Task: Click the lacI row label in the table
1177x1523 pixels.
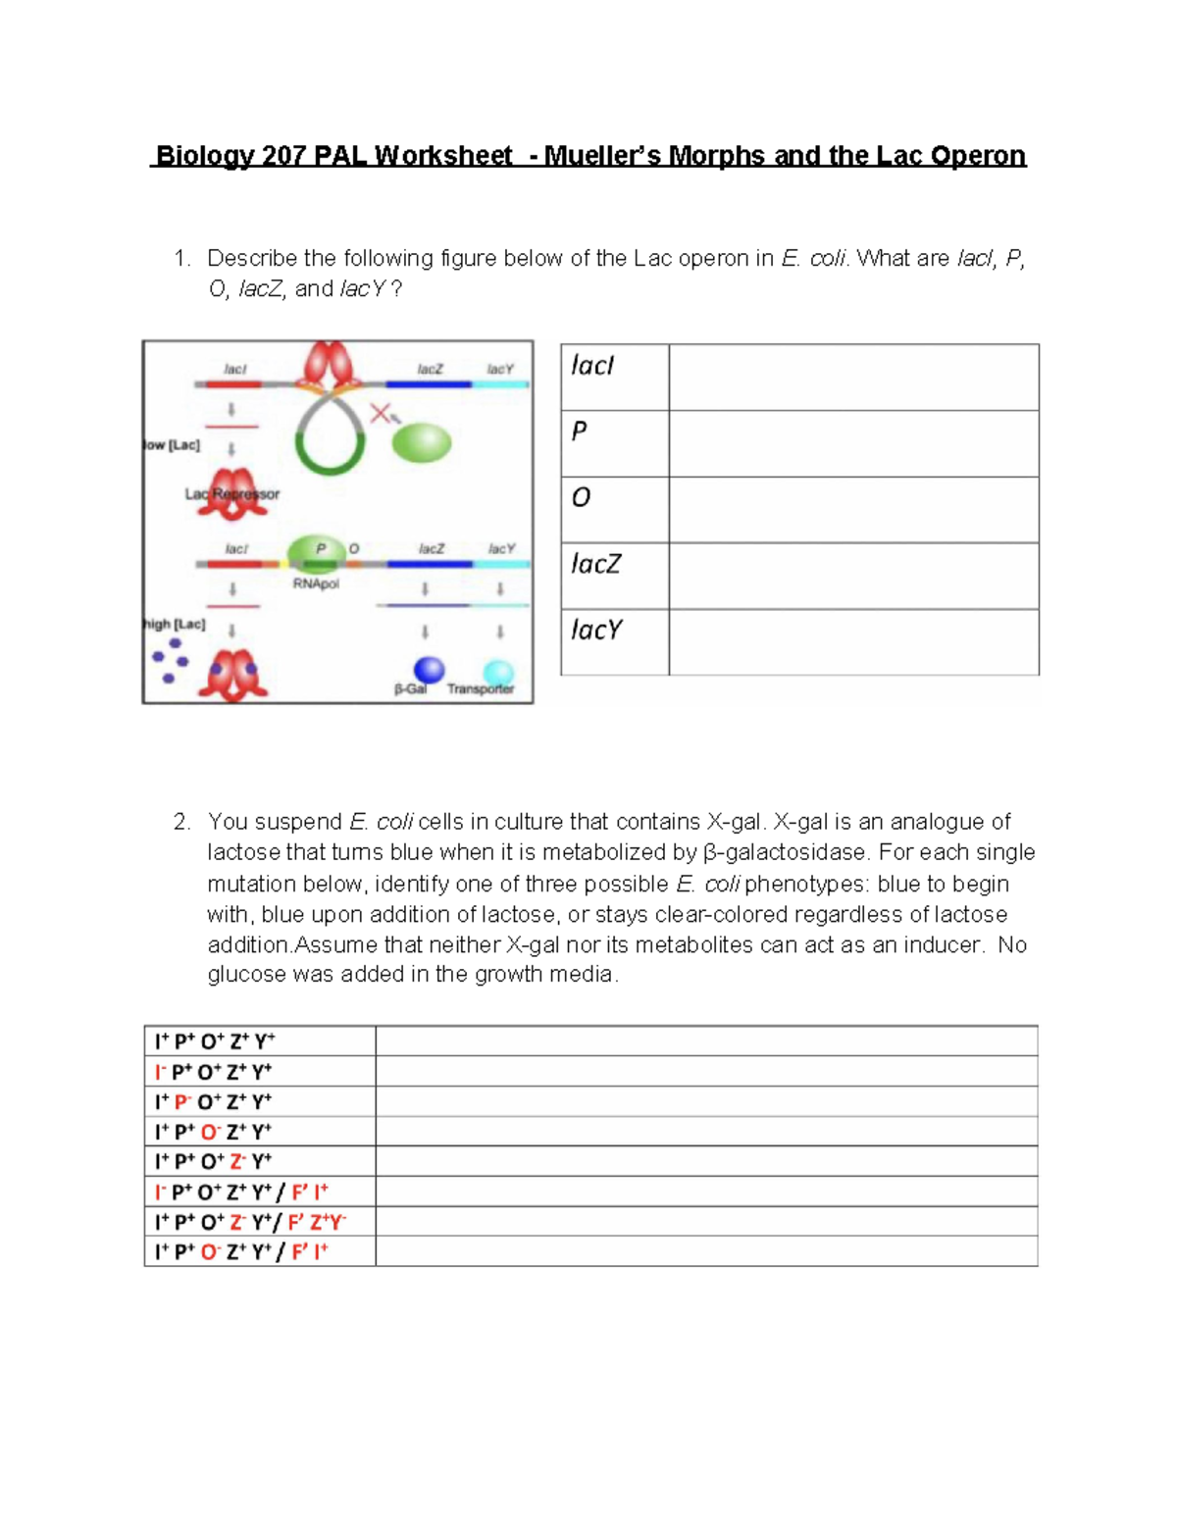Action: [x=592, y=366]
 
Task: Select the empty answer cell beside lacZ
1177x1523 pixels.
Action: [x=853, y=576]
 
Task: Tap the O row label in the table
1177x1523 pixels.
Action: [x=581, y=498]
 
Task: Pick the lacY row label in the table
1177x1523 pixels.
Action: [x=596, y=630]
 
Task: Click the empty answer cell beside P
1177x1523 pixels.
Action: [x=853, y=443]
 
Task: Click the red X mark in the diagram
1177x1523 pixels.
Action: [x=380, y=414]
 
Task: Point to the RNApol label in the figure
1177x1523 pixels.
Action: [x=316, y=584]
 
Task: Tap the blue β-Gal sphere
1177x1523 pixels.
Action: [x=429, y=669]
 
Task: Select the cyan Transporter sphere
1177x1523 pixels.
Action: [x=498, y=672]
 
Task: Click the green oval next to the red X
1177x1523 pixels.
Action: [x=422, y=443]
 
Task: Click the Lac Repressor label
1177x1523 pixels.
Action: [x=232, y=494]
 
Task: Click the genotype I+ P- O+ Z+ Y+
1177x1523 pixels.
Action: [x=213, y=1101]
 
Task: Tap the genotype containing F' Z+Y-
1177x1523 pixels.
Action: [x=250, y=1222]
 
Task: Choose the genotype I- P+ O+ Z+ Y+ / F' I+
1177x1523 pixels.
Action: [x=241, y=1192]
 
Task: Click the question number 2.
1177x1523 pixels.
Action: [x=181, y=822]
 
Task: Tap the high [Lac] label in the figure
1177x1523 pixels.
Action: [x=174, y=624]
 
